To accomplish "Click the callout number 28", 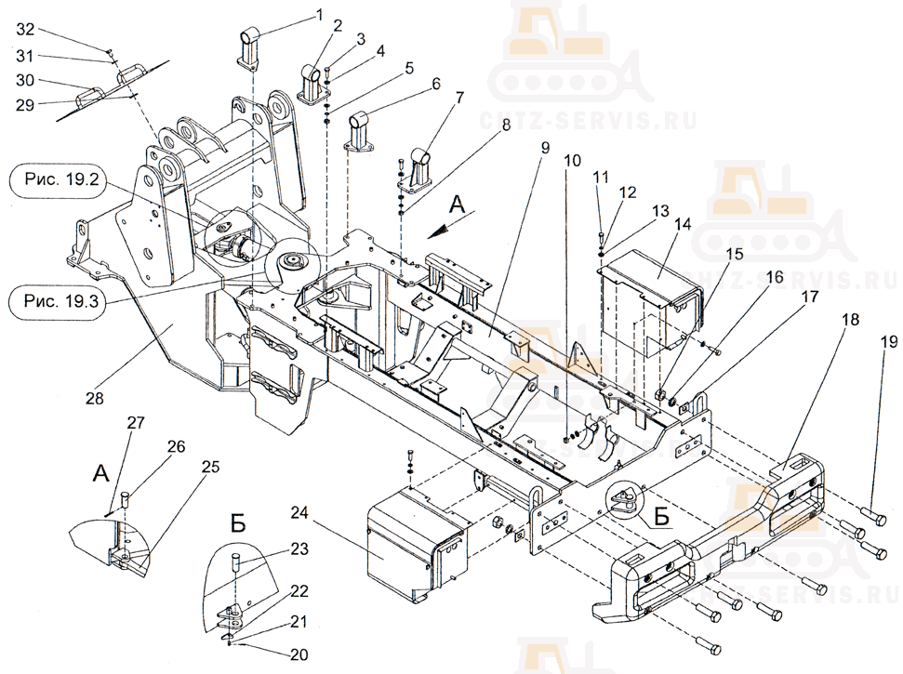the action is point(95,398).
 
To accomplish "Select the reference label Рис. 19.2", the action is point(61,180).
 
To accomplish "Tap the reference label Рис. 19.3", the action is point(61,301).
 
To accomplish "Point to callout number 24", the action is point(300,511).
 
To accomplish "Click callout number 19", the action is point(889,342).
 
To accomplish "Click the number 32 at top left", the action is point(25,30).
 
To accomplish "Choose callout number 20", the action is point(299,655).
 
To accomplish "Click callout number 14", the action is point(682,224).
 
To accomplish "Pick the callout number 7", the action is point(459,99).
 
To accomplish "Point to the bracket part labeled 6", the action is point(359,131).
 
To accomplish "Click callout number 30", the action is point(25,80).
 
